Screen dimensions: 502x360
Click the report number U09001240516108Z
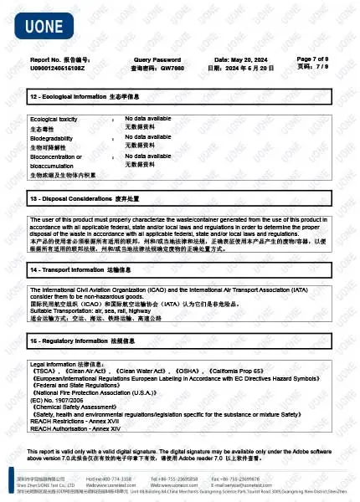pyautogui.click(x=58, y=68)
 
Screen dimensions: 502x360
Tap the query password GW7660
pyautogui.click(x=167, y=68)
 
